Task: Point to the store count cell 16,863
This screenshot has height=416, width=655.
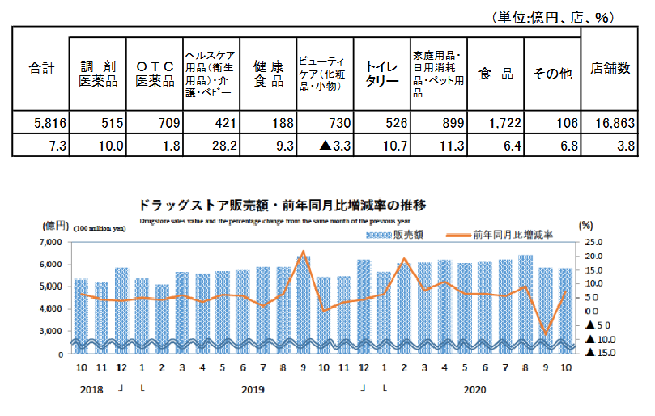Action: coord(614,123)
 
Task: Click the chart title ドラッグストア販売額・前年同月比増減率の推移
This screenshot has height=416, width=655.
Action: coord(283,204)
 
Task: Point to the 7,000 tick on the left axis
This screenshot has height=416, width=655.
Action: coord(50,242)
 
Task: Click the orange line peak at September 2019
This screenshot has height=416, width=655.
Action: coord(303,252)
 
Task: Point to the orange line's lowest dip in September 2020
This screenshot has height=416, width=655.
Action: coord(545,333)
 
